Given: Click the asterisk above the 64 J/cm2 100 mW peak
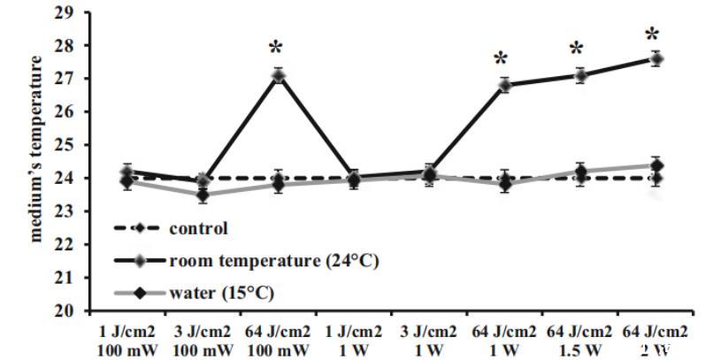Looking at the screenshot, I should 278,47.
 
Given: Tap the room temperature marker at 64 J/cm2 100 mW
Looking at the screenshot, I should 278,76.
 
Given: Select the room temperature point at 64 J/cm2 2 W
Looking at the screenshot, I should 656,59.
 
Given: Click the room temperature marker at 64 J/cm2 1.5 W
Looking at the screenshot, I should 580,75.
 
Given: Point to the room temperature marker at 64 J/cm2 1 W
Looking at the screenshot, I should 504,85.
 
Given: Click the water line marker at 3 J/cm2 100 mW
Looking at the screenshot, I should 203,195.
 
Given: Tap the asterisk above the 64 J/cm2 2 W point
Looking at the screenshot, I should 652,36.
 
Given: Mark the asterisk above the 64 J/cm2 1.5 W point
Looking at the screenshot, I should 577,50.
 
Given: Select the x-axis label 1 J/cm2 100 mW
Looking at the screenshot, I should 126,340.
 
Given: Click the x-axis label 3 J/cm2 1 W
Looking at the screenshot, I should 429,340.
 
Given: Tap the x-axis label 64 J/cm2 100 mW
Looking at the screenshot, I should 278,340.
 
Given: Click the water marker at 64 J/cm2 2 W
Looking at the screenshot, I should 656,165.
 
